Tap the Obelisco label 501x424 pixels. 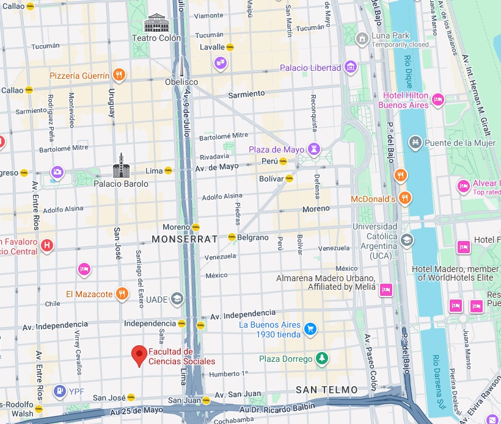[x=181, y=82]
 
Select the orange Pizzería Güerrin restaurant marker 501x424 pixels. [x=119, y=76]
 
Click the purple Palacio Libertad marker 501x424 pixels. [x=350, y=67]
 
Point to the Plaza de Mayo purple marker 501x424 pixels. [x=314, y=149]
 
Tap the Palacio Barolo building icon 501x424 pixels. [x=121, y=165]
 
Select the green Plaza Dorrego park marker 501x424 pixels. [x=321, y=358]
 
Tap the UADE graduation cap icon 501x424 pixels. [x=177, y=298]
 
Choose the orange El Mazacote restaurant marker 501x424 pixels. [x=122, y=294]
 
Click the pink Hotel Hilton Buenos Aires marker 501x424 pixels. [x=437, y=100]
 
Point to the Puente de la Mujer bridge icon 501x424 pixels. [x=416, y=143]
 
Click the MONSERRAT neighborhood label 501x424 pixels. [x=184, y=239]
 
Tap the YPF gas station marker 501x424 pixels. [x=59, y=390]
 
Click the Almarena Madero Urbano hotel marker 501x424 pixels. [x=386, y=289]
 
